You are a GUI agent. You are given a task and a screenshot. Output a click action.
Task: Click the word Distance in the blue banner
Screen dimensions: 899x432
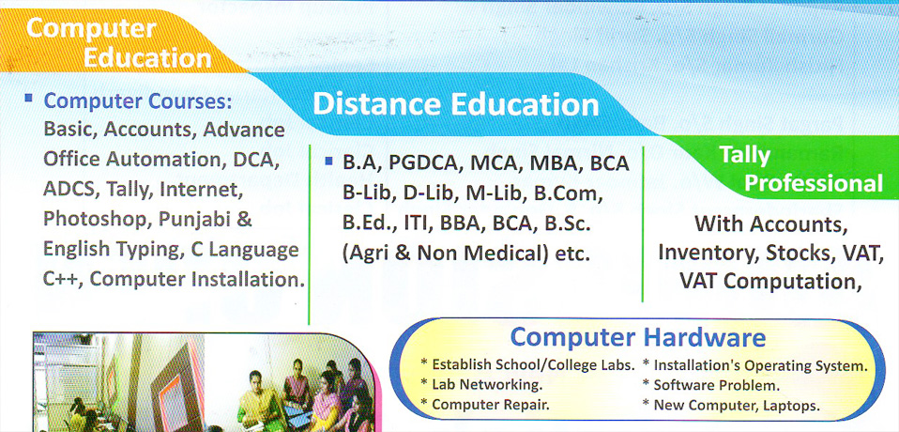(376, 105)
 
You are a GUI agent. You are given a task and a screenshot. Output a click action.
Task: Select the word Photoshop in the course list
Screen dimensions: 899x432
(95, 220)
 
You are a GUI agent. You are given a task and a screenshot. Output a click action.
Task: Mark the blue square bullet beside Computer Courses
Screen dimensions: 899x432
(28, 98)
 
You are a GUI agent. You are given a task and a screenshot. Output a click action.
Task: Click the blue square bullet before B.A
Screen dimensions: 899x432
(328, 162)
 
